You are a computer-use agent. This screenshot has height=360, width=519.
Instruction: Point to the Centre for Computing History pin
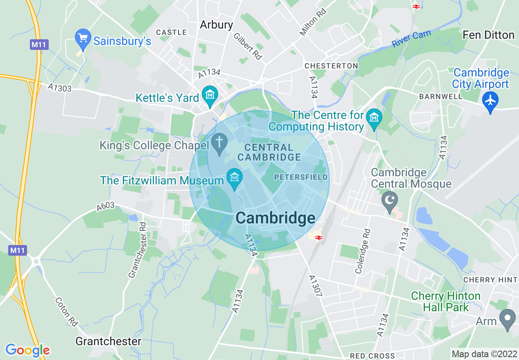coord(374,117)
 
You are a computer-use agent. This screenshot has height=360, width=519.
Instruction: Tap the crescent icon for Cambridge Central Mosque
coord(389,200)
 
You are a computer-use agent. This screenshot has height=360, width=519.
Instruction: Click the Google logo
coord(27,350)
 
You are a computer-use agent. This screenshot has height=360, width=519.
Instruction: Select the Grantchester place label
coord(108,341)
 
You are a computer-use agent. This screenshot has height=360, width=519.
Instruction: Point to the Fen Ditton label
coord(488,35)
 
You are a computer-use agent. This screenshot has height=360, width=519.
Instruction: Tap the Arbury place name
coord(216,25)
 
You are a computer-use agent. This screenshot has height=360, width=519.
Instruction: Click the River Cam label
coord(411,39)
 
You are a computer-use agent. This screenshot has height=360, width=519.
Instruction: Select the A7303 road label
coord(59,88)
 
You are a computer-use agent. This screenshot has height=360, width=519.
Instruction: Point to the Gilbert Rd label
coord(248,46)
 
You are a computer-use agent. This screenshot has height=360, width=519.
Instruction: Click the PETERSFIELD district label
coord(301,177)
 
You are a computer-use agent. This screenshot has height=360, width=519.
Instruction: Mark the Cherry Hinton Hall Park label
coord(445,301)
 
